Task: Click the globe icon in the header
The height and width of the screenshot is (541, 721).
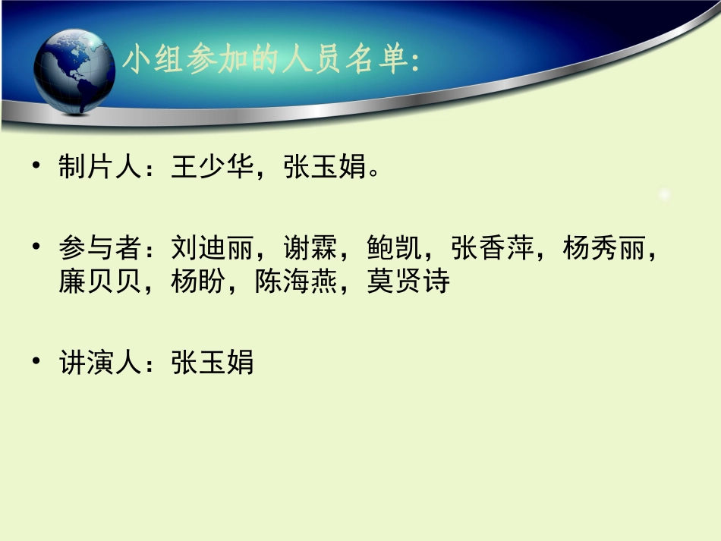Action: click(75, 71)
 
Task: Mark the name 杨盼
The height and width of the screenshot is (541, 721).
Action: click(198, 282)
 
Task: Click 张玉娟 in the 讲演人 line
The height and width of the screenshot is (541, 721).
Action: click(212, 362)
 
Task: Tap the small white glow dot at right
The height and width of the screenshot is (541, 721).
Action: click(666, 195)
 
